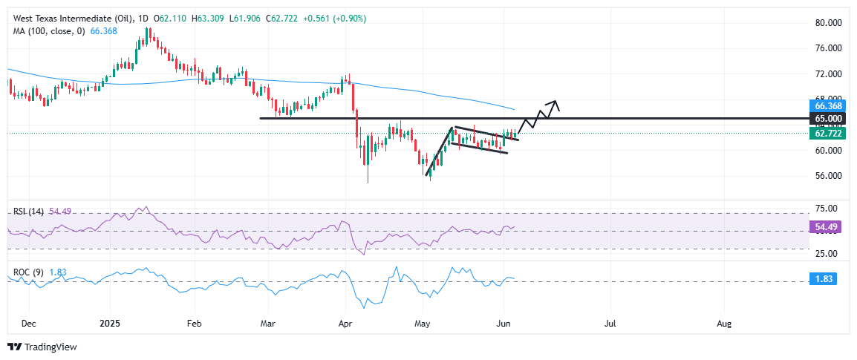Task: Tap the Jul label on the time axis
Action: pos(610,324)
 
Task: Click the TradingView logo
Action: pos(42,347)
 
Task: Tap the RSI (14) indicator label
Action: pos(27,212)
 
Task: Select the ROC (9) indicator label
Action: pos(27,272)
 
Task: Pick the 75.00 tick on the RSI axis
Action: pos(828,208)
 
